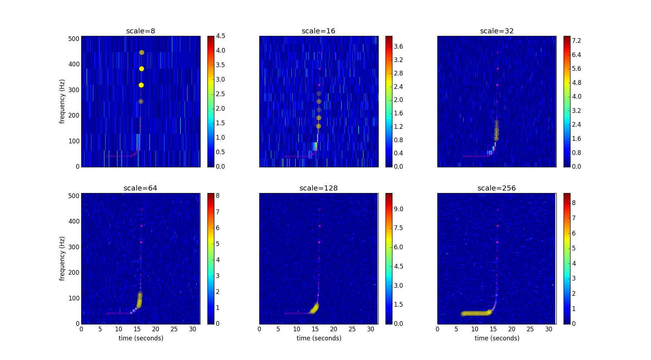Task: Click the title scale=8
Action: pos(140,31)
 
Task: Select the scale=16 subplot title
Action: pos(318,31)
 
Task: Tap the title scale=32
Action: pos(497,31)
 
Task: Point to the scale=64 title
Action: pos(140,188)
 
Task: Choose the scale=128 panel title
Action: pos(318,188)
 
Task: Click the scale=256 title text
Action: pos(497,188)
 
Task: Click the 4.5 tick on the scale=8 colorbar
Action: pos(221,36)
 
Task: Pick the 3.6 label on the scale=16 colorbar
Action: pos(398,46)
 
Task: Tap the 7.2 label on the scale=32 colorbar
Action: pos(576,41)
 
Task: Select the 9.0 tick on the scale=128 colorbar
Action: pos(398,209)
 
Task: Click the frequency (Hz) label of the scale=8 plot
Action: pos(62,102)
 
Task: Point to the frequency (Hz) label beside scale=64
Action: pos(62,258)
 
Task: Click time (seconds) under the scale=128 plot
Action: pos(319,338)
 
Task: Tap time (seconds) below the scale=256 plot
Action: pos(497,338)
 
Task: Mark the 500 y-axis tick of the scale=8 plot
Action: pos(74,39)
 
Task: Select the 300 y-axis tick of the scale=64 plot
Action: pos(74,247)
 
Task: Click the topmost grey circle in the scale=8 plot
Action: pos(141,53)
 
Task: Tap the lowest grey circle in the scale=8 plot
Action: pos(141,102)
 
